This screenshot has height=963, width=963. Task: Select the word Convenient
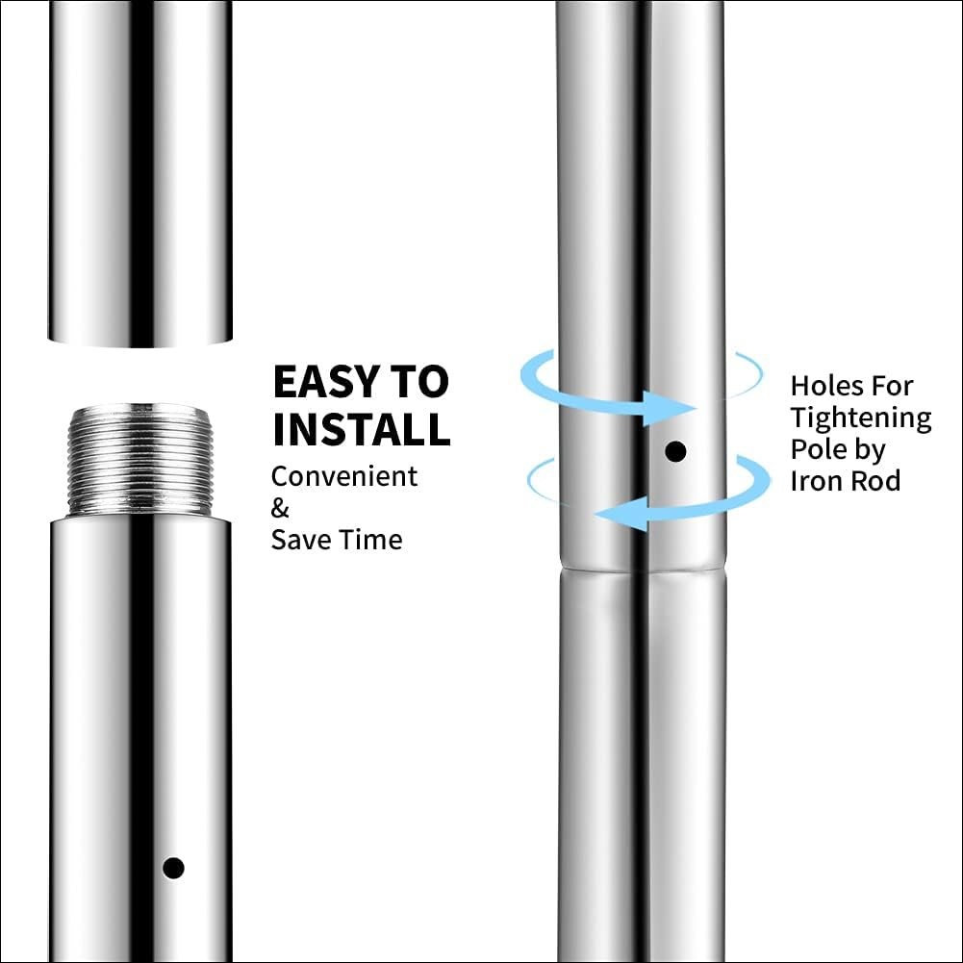(x=344, y=476)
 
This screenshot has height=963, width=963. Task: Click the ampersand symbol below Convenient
(x=279, y=507)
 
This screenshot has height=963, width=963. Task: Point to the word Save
(x=301, y=539)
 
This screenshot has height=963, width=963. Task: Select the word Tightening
(x=861, y=418)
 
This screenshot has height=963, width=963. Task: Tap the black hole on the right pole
(x=675, y=450)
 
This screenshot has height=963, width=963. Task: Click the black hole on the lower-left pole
(x=173, y=867)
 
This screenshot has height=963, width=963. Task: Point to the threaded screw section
(x=139, y=460)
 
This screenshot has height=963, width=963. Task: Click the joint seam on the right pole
(x=640, y=568)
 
